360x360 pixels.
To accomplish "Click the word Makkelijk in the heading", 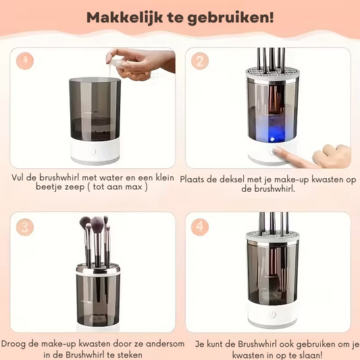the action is click(125, 18).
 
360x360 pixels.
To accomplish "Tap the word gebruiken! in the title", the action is click(231, 18).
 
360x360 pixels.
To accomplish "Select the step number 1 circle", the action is click(25, 61).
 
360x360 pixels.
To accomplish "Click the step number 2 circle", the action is click(200, 61).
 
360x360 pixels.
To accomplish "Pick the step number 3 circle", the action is click(25, 227).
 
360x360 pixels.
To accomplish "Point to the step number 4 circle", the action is click(200, 227).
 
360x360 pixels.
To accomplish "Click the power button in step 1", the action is click(94, 151).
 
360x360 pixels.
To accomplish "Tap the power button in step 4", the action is click(272, 315).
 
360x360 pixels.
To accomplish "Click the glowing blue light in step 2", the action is click(272, 138).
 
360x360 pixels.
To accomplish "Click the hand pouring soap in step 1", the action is click(140, 64).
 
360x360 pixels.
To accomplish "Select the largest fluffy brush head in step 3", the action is click(97, 224).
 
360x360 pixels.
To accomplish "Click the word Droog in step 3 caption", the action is click(13, 344).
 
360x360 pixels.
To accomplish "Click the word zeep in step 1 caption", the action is click(74, 187).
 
